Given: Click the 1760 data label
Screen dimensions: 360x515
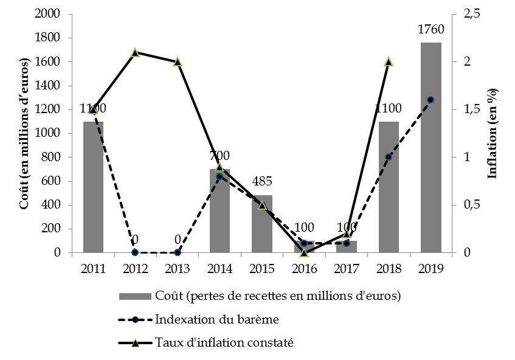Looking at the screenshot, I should [430, 29].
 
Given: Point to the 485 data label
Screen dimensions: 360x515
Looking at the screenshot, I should [262, 181].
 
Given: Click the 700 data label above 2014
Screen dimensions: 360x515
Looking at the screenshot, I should [219, 157].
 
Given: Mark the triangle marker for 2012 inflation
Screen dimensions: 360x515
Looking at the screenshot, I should [135, 53].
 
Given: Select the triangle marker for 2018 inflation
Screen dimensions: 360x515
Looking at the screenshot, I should [389, 62].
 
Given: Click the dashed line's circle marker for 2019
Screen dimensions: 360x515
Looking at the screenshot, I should [430, 100].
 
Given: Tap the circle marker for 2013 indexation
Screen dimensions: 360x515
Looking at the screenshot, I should [178, 252].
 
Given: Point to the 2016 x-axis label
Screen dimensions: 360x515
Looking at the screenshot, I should [304, 268].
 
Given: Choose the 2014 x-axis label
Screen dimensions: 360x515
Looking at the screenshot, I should [219, 268].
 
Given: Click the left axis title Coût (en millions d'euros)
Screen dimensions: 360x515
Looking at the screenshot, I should [25, 134].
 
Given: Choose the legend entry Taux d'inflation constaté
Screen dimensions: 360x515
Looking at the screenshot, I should [224, 343].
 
